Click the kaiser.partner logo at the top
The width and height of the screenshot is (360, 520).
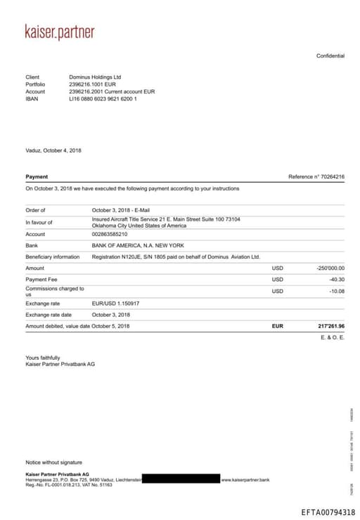pos(60,32)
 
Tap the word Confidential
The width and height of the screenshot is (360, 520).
pos(330,56)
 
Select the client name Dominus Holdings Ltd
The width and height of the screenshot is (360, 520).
pos(95,77)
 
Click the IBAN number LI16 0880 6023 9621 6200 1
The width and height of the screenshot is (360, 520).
pos(103,99)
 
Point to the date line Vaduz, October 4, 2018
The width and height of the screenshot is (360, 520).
pos(53,150)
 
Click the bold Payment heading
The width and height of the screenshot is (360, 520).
pos(37,177)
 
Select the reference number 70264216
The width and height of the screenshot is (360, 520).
pos(331,177)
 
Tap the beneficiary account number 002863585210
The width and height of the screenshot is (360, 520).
pos(110,234)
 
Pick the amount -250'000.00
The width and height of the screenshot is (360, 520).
pos(330,268)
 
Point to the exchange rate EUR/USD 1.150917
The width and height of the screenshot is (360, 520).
pos(115,304)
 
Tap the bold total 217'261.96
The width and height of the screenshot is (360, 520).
pos(330,327)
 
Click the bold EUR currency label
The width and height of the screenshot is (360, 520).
pos(277,327)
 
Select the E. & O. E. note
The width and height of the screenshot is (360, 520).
pos(333,338)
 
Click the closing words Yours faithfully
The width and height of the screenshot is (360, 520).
pos(43,358)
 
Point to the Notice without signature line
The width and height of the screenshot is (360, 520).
pos(54,462)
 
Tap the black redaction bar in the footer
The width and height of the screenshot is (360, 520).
pos(181,479)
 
